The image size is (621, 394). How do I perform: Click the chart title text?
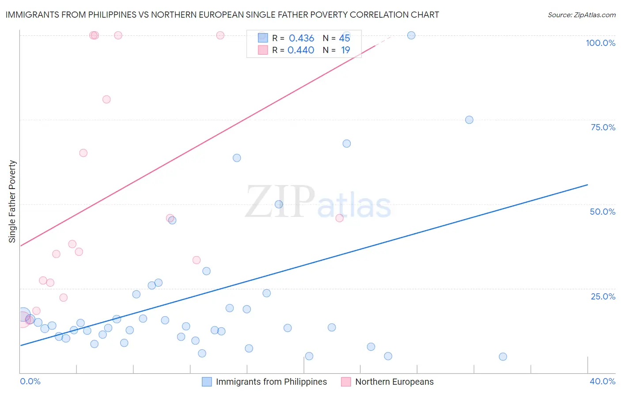point(222,15)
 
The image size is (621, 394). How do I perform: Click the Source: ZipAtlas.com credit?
point(581,15)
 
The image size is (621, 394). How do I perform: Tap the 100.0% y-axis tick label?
point(600,43)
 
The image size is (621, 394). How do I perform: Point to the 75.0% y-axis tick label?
point(603,127)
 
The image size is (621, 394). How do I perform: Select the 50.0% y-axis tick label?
point(602,212)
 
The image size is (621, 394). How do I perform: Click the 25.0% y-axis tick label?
point(603,296)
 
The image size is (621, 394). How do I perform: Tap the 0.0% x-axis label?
point(30,381)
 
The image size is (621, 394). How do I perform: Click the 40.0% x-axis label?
point(602,381)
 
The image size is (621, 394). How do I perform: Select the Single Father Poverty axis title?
point(12,201)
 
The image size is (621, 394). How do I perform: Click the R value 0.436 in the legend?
point(301,38)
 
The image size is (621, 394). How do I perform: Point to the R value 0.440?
point(301,50)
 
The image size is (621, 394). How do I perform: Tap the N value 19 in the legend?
point(345,50)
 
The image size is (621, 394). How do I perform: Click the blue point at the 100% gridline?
point(411,35)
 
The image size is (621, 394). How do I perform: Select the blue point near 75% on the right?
point(469,120)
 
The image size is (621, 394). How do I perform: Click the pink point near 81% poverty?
point(106,99)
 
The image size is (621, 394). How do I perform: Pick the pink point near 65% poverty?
point(83,153)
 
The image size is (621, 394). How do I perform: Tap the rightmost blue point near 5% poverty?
point(503,356)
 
